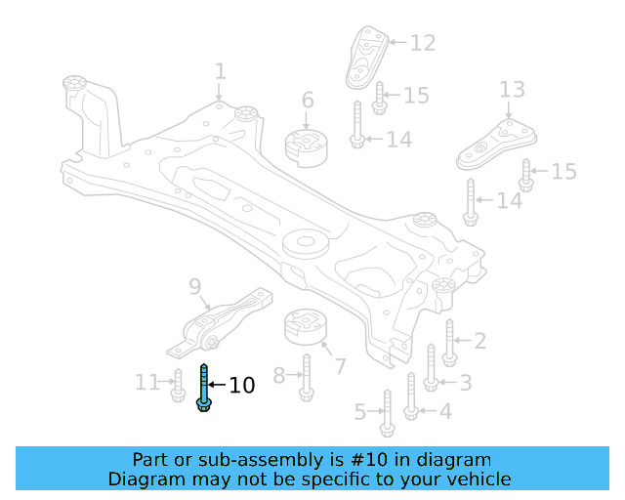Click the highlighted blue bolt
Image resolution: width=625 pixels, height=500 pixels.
point(204,388)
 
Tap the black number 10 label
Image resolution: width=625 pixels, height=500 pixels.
point(241,386)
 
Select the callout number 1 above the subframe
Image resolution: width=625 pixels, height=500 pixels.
point(221,71)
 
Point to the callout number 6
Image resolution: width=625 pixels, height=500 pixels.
point(308,100)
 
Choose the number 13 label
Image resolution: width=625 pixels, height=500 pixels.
point(513,91)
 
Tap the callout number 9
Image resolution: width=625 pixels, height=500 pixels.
point(195,286)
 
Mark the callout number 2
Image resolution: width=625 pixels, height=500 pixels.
point(479,341)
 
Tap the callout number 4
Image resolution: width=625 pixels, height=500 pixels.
point(445,411)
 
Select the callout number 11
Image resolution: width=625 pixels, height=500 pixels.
point(146,383)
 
